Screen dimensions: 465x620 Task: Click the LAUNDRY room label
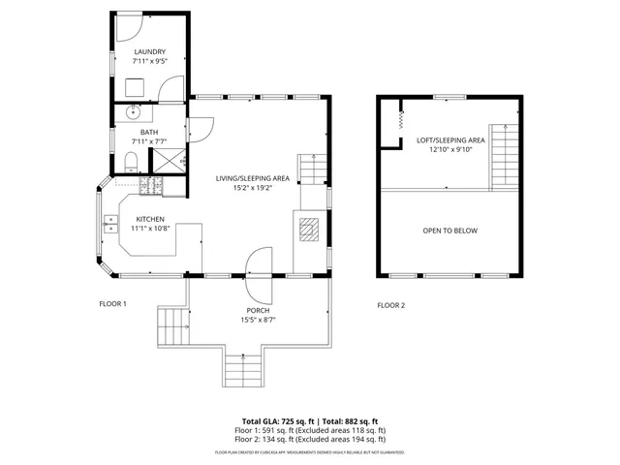(x=149, y=52)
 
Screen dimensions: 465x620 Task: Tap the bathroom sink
(x=133, y=112)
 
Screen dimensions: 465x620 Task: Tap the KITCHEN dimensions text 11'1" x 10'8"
(x=150, y=229)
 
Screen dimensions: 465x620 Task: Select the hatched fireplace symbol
(x=307, y=230)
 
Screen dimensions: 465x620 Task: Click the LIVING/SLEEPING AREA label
(x=253, y=178)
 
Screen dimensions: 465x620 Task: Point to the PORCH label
(x=258, y=311)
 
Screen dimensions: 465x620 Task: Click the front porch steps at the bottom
(x=243, y=368)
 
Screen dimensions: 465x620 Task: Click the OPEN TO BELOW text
(x=449, y=231)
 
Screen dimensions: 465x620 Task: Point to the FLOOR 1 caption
(x=112, y=304)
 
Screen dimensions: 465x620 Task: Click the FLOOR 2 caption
(x=390, y=305)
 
